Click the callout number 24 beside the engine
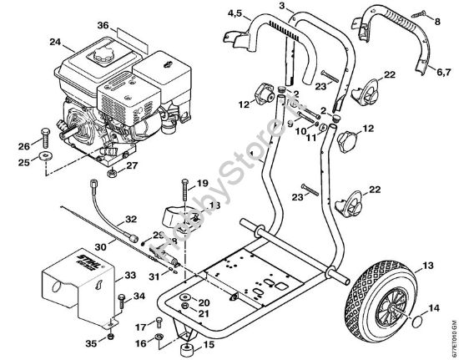31,40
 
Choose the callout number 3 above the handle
283,7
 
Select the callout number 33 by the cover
131,276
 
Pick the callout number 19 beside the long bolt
202,184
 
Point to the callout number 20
203,302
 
